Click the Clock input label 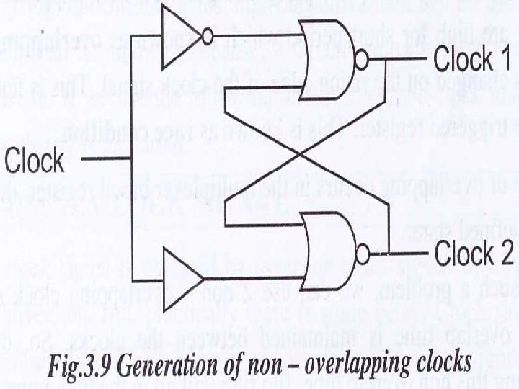click(35, 160)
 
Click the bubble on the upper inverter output click(208, 36)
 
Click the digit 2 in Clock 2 click(505, 254)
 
